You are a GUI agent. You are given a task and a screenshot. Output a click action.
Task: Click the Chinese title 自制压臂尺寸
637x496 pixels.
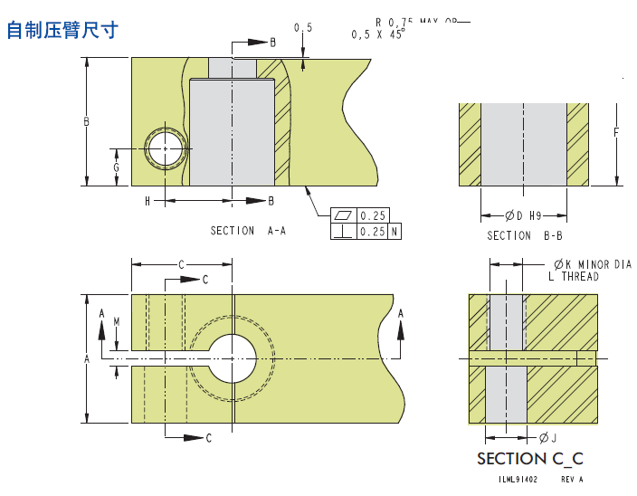click(x=62, y=30)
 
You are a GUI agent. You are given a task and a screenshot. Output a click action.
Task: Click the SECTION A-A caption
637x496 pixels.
click(x=248, y=231)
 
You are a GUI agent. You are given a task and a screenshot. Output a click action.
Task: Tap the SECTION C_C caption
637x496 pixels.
click(x=529, y=459)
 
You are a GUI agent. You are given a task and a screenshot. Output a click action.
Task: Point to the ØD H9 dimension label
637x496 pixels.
click(x=523, y=215)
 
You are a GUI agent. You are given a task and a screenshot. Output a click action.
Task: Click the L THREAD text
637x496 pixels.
click(x=574, y=276)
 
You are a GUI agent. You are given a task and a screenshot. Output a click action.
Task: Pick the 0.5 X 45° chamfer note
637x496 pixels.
click(x=378, y=34)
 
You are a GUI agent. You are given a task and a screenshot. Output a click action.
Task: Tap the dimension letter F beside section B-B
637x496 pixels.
click(x=615, y=132)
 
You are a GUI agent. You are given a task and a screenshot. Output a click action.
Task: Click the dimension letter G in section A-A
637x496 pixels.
click(x=116, y=168)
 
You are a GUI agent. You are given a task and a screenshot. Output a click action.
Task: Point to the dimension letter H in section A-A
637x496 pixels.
click(x=147, y=201)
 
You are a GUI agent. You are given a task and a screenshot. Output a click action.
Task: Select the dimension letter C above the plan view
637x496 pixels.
click(x=181, y=264)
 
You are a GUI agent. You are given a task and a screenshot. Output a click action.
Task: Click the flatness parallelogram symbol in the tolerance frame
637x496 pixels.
click(x=344, y=215)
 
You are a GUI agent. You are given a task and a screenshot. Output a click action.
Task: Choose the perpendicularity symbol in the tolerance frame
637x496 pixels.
click(x=344, y=232)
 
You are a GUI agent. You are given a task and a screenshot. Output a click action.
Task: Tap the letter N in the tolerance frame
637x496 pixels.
click(x=395, y=232)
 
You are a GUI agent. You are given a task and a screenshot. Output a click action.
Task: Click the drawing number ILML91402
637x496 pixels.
click(x=518, y=480)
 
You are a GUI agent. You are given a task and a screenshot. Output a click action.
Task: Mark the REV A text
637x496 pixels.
click(x=572, y=480)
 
